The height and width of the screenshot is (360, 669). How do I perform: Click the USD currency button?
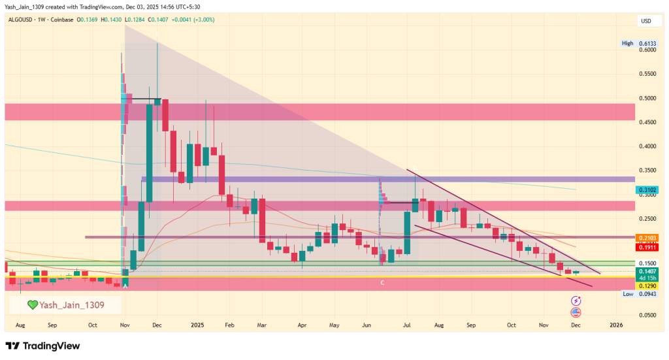click(x=645, y=21)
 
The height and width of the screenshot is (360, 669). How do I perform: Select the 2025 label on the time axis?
click(x=197, y=325)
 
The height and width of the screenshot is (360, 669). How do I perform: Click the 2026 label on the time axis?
click(x=615, y=325)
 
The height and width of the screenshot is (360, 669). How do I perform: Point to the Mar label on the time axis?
click(x=261, y=325)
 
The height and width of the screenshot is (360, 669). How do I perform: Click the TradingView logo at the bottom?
click(x=42, y=346)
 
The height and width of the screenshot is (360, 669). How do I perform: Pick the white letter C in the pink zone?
click(x=382, y=282)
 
